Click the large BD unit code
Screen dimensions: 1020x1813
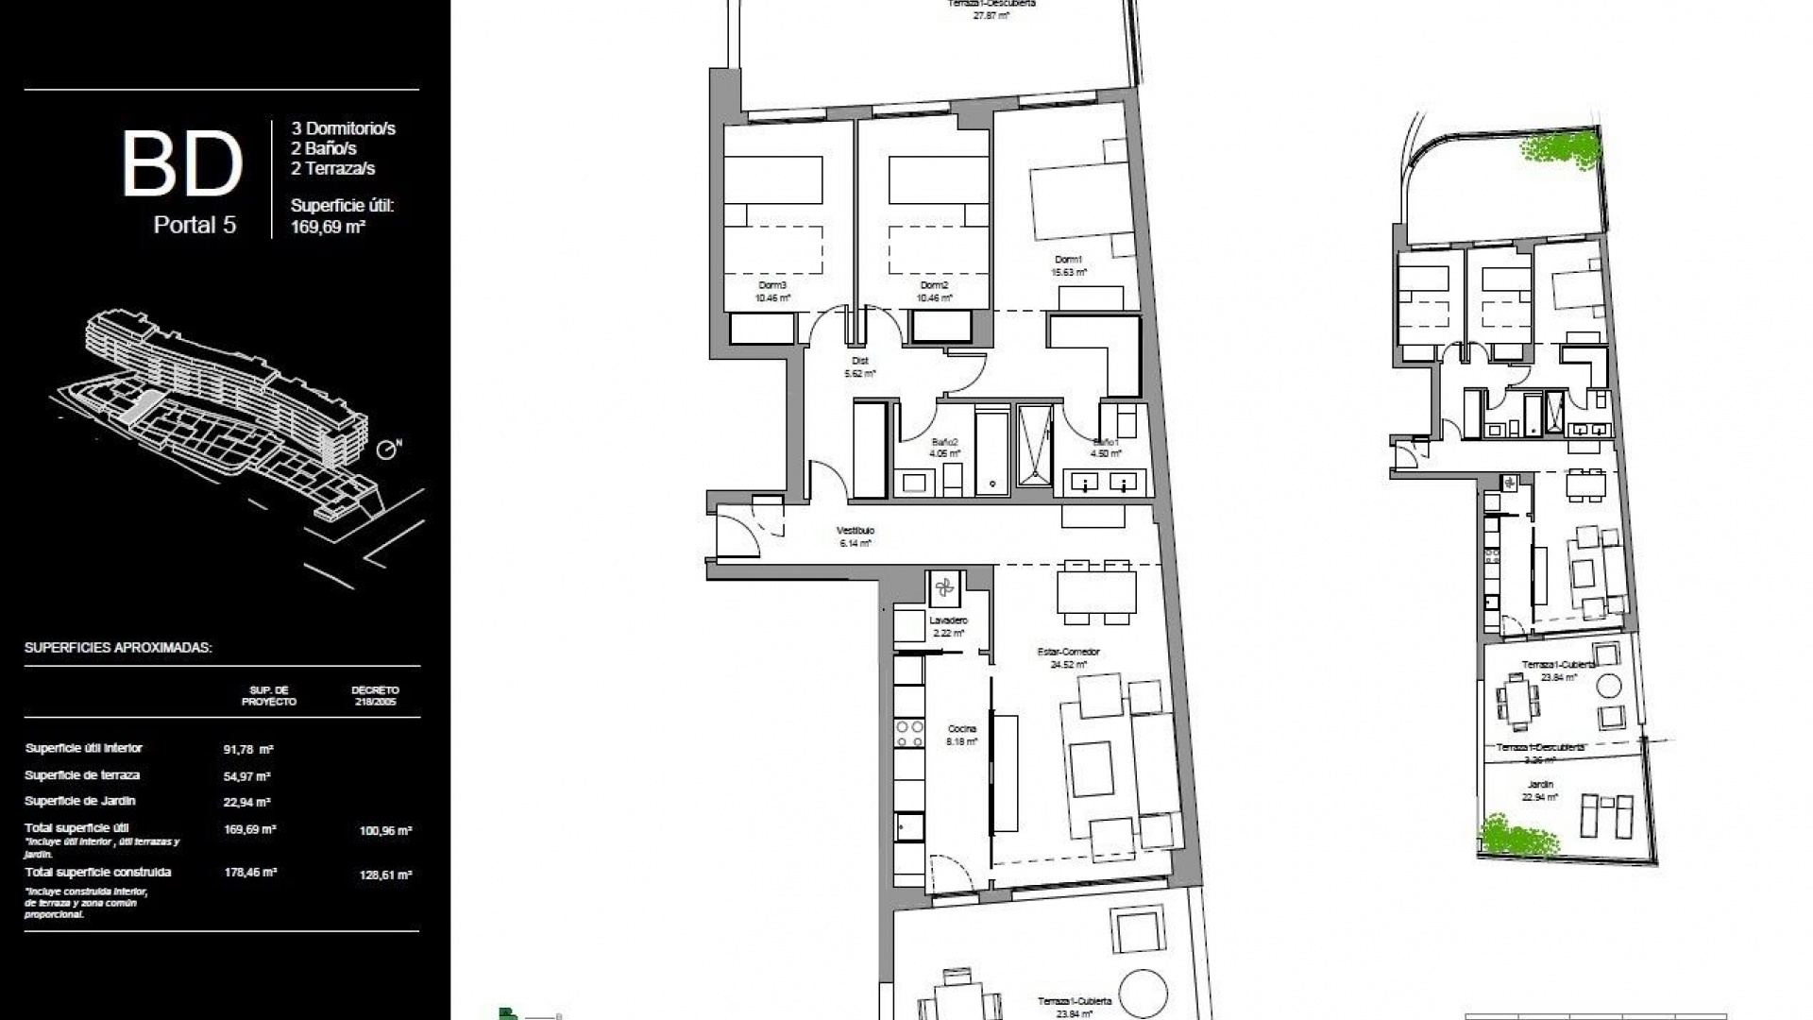click(x=182, y=165)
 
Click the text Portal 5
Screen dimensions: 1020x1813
click(x=195, y=225)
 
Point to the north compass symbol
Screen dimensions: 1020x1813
click(x=387, y=450)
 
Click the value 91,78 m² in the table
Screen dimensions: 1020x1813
click(x=248, y=750)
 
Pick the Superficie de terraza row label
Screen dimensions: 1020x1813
click(x=82, y=775)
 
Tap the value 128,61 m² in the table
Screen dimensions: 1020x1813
click(x=385, y=875)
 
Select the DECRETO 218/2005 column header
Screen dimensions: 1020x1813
click(x=375, y=696)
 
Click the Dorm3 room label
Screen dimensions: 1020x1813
click(x=772, y=285)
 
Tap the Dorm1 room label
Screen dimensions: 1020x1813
click(x=1069, y=260)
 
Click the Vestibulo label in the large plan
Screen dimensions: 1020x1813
click(x=856, y=531)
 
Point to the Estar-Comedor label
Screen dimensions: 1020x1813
click(x=1069, y=652)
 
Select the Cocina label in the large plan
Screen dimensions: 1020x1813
click(x=963, y=729)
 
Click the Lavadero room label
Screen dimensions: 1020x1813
click(x=948, y=620)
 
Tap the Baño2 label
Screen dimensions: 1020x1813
click(x=945, y=442)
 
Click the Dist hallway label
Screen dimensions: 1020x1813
click(x=859, y=361)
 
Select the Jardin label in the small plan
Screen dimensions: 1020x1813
click(x=1540, y=784)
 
